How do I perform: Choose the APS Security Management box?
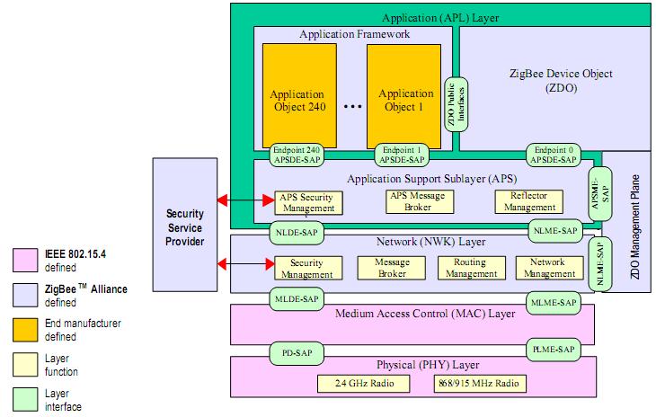coord(308,202)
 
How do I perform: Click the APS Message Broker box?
coord(417,201)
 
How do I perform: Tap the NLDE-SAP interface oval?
coord(294,231)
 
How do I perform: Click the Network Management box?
coord(547,267)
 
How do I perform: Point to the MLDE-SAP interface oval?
coord(294,297)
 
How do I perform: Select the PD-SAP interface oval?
coord(294,350)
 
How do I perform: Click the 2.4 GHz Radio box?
coord(361,384)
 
